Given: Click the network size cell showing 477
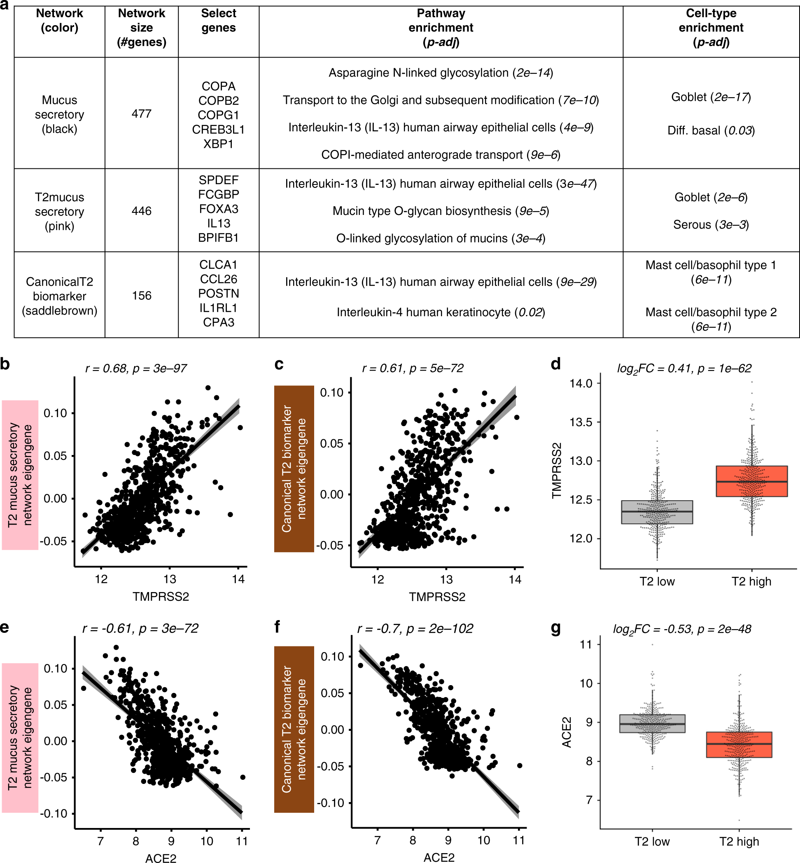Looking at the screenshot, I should coord(141,114).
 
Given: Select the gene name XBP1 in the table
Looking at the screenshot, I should coord(218,144).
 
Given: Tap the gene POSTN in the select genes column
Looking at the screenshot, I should coord(218,294).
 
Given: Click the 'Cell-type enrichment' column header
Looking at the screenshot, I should coord(710,27).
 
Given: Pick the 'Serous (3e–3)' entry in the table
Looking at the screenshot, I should coord(710,225).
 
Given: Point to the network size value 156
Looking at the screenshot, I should coord(141,296).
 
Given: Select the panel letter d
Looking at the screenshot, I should coord(555,364).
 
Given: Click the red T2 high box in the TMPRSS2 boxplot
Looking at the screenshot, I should coord(751,481).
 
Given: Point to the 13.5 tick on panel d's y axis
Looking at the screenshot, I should coord(581,422).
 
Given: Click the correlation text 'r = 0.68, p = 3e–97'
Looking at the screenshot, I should coord(136,369).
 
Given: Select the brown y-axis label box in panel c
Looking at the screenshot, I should coord(294,468).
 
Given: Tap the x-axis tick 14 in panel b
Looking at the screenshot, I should coord(238,579).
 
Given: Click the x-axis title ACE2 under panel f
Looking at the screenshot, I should coord(438,857).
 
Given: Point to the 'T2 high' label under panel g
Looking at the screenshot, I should coord(739,841).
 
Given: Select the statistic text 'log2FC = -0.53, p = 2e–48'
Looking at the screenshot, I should coord(682,629).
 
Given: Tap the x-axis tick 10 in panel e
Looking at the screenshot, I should coord(207,840).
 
